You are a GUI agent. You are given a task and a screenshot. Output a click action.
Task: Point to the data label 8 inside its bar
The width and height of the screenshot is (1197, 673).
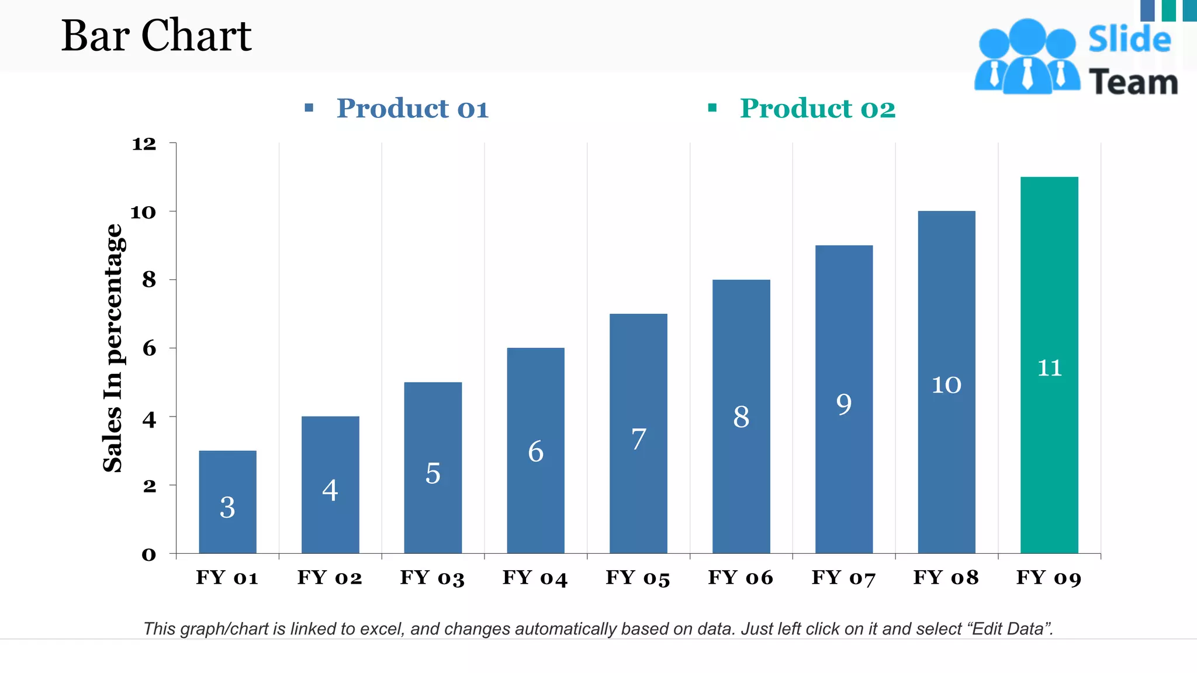[x=741, y=417]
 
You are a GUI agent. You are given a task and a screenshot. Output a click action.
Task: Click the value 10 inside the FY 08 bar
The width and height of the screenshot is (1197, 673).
[x=946, y=385]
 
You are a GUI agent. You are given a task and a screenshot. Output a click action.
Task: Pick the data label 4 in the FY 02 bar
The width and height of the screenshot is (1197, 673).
[x=330, y=490]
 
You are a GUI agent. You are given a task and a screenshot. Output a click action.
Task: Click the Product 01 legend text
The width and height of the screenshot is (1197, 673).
[x=412, y=109]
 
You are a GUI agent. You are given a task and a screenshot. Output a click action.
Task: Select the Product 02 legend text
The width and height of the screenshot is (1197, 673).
[x=817, y=109]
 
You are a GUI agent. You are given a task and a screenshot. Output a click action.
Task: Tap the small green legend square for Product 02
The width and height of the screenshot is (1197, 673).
[x=712, y=107]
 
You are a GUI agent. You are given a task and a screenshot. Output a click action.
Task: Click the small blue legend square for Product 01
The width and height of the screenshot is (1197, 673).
[x=309, y=107]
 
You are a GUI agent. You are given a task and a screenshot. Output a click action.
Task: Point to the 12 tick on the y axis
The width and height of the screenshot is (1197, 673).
[x=144, y=144]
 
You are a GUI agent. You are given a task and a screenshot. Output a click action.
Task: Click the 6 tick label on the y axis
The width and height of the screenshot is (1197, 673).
[x=149, y=348]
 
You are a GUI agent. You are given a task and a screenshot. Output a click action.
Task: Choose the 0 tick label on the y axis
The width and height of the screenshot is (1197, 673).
[x=149, y=554]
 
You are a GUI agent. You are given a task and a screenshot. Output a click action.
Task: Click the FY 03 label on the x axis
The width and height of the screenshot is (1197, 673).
[x=432, y=578]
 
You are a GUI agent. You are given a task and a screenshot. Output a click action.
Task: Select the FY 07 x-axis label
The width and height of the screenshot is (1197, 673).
[x=843, y=578]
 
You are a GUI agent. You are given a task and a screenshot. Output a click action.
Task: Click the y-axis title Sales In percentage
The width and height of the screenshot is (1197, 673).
[x=113, y=348]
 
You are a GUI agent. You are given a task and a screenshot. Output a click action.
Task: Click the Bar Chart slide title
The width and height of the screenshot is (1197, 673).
[x=156, y=36]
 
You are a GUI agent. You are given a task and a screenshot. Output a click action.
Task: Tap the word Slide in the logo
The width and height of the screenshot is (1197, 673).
[x=1129, y=40]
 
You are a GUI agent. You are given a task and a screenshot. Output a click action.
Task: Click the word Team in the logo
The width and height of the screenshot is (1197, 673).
[x=1133, y=82]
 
